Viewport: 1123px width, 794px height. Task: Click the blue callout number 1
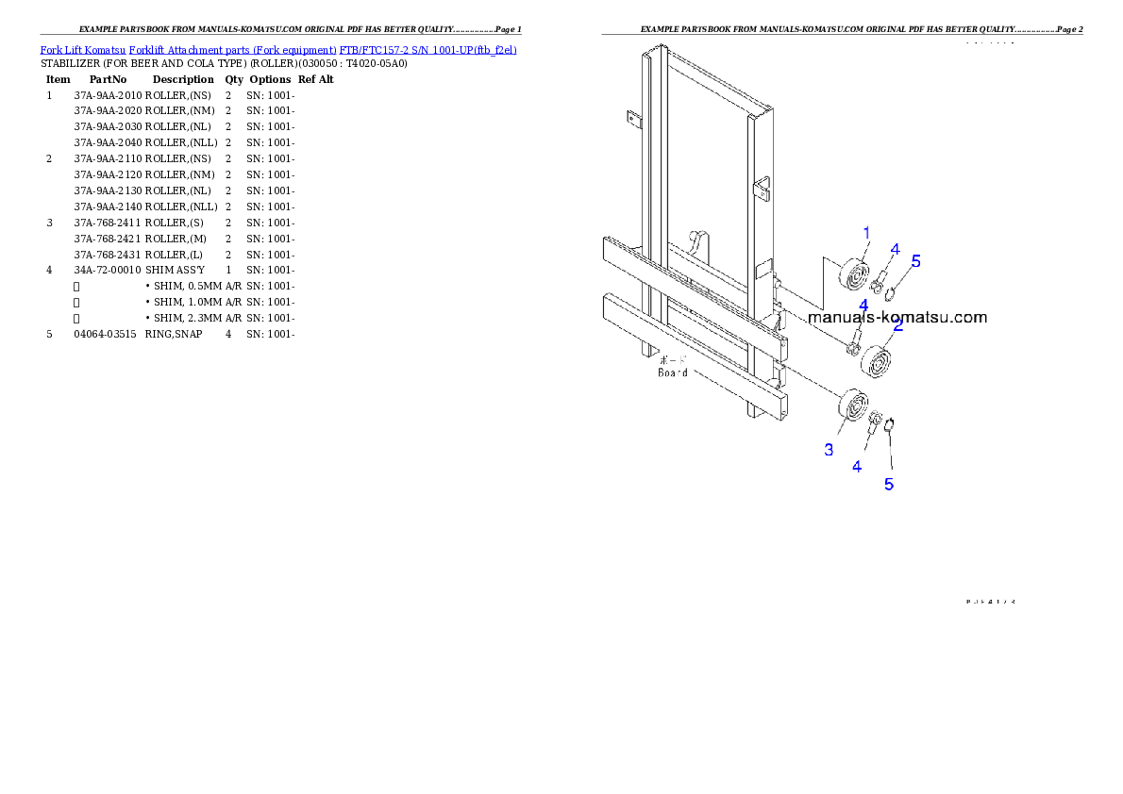pos(866,232)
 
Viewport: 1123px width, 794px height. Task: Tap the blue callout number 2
pos(897,326)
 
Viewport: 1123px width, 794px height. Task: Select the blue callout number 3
pos(829,450)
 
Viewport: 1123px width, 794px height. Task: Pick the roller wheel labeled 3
pos(854,407)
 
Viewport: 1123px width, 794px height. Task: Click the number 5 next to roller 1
pos(915,261)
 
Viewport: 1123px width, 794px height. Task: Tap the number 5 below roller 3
pos(888,484)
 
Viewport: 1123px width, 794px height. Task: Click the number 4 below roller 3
pos(857,466)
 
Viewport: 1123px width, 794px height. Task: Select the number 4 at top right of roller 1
pos(895,249)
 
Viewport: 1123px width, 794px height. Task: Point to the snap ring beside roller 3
pos(892,422)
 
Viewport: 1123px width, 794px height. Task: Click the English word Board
pos(673,372)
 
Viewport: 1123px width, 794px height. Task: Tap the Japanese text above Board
pos(673,359)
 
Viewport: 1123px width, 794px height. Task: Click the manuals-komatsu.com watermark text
pos(897,317)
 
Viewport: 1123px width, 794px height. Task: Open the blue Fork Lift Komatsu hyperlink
pos(278,49)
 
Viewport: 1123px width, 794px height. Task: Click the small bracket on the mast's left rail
pos(632,120)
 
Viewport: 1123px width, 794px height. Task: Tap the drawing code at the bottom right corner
pos(989,600)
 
